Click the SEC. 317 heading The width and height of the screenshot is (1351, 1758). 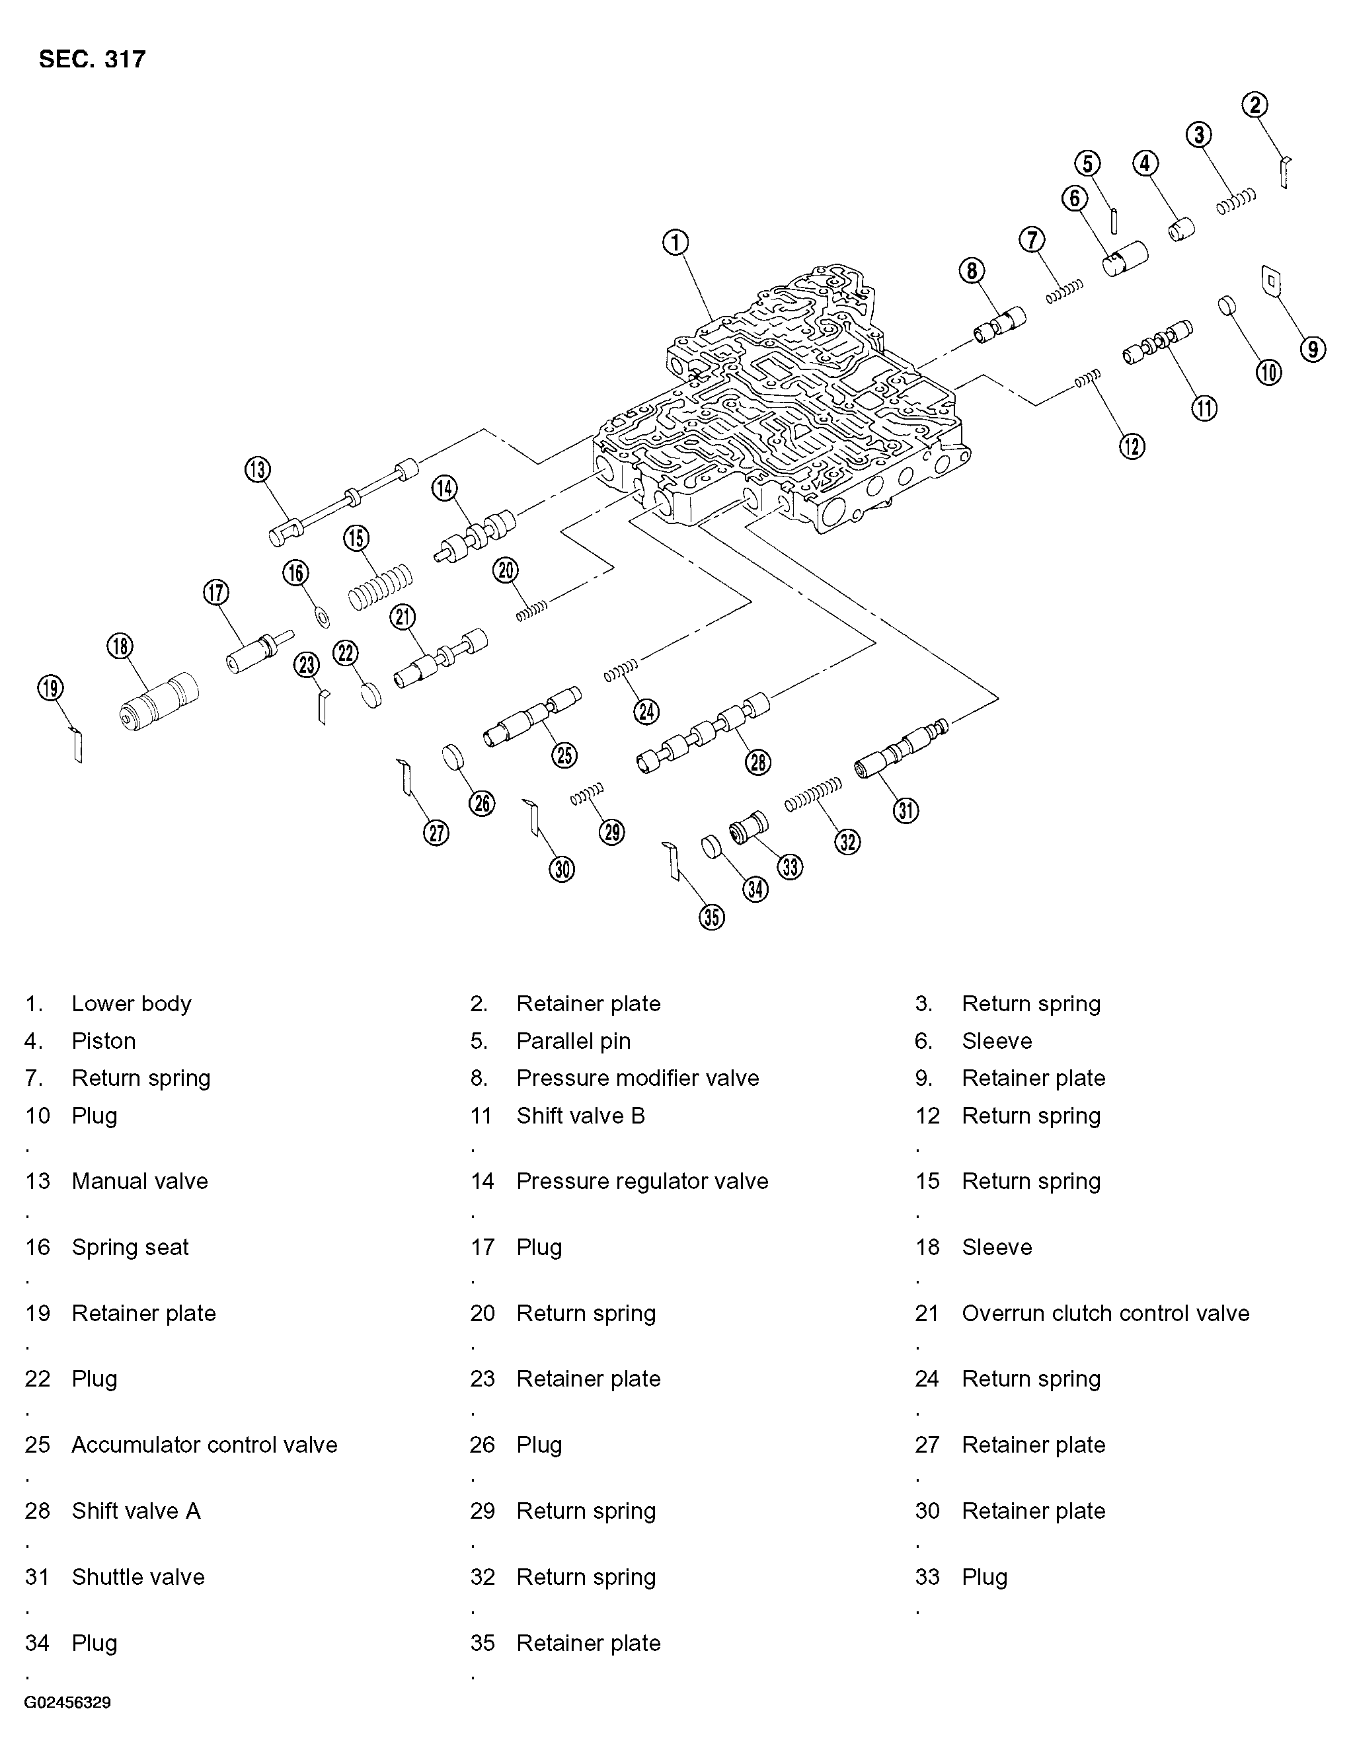coord(92,59)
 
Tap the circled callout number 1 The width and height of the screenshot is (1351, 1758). coord(675,242)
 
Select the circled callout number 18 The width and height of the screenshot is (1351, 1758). coord(120,646)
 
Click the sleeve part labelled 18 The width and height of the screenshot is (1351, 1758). coord(159,702)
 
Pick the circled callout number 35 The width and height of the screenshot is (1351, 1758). coord(712,917)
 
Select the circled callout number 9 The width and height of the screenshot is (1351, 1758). coord(1313,349)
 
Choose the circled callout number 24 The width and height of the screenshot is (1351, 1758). coord(646,711)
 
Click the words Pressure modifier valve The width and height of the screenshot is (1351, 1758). coord(637,1078)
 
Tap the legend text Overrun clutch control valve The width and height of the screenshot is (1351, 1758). coord(1105,1313)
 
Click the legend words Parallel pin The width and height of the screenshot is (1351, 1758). coord(572,1041)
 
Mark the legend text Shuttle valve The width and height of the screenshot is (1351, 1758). coord(137,1576)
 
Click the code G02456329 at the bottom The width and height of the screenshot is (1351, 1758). coord(67,1702)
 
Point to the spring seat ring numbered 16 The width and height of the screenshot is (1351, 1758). coord(323,618)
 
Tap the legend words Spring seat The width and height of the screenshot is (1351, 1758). coord(130,1247)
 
